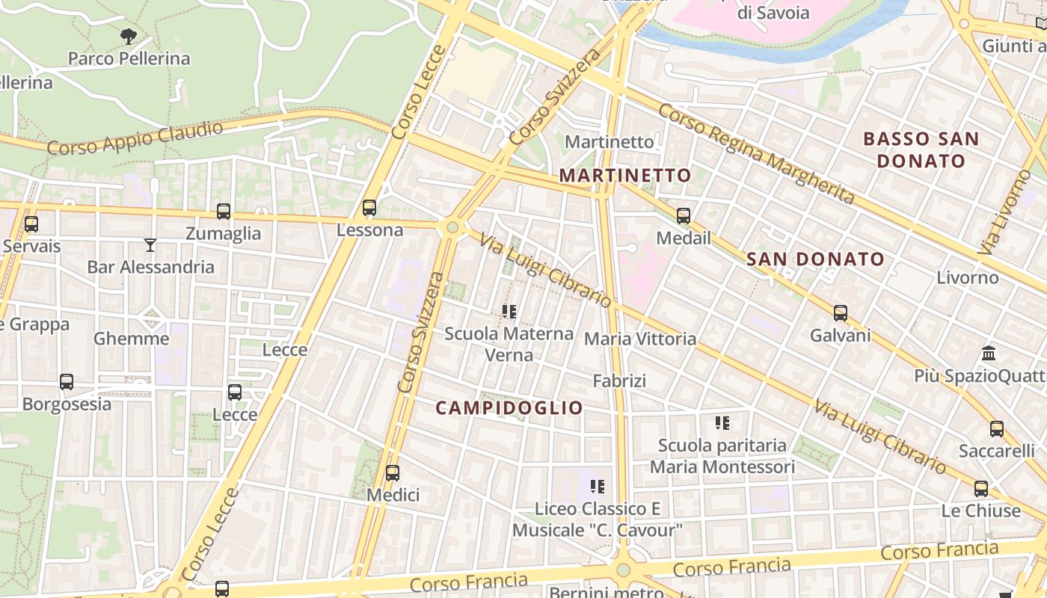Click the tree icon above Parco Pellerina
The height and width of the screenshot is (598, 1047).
click(x=129, y=36)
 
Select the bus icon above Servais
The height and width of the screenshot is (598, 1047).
click(x=31, y=224)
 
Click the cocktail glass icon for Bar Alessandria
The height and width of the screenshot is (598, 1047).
click(x=150, y=244)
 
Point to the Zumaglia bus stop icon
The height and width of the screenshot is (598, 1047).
click(x=224, y=212)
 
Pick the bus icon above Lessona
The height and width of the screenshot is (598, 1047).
click(x=369, y=208)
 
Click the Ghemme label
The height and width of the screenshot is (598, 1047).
click(x=132, y=339)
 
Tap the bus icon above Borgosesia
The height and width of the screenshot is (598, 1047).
click(x=67, y=382)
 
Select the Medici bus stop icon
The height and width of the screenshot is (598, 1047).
click(x=393, y=473)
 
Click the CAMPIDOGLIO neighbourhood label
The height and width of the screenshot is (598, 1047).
click(x=509, y=408)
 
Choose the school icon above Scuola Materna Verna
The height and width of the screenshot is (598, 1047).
click(x=510, y=311)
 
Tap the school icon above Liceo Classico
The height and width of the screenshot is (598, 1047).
click(x=598, y=487)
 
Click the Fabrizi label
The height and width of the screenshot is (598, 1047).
click(x=619, y=381)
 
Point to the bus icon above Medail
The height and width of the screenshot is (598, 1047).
click(x=684, y=216)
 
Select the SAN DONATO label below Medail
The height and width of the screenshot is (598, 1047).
click(x=816, y=259)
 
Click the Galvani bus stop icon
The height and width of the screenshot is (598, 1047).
click(x=841, y=313)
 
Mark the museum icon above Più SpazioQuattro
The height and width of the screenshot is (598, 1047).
click(x=989, y=353)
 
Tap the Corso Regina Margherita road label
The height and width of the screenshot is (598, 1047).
click(x=756, y=154)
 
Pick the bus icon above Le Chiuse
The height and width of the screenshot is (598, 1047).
click(x=981, y=489)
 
